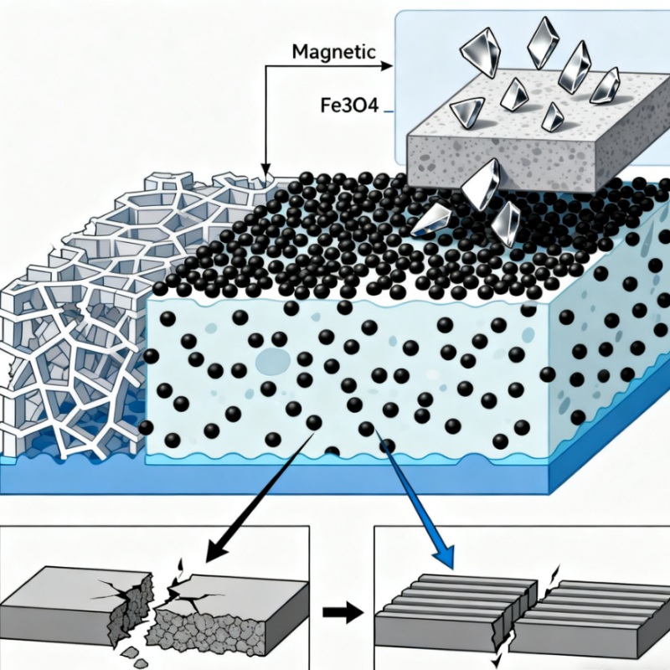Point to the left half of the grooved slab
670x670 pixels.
[x=452, y=607]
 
